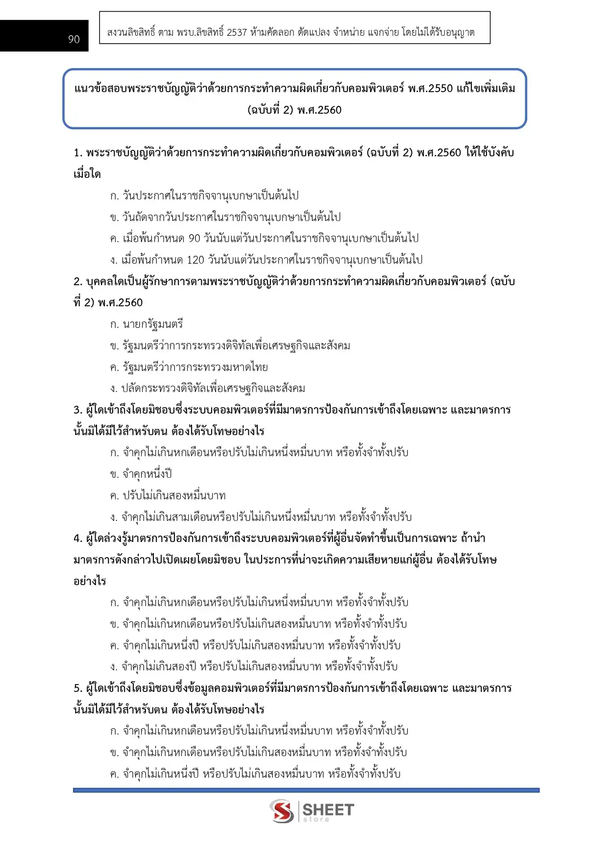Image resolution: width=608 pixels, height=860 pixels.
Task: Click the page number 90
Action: tap(73, 39)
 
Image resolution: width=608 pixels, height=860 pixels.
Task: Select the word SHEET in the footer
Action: tap(328, 810)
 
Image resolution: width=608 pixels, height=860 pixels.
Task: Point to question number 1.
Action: tap(78, 153)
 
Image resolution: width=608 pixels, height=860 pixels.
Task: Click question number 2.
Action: tap(78, 282)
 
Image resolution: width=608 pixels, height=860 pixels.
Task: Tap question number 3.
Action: tap(78, 410)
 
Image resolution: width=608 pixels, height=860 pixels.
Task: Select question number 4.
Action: tap(78, 539)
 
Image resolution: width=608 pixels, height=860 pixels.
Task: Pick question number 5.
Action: tap(78, 688)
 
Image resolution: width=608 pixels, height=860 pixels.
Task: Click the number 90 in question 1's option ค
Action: tap(195, 239)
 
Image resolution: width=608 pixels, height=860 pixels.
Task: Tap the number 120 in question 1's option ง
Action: tap(195, 260)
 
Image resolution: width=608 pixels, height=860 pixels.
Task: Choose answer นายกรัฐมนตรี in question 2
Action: tap(153, 324)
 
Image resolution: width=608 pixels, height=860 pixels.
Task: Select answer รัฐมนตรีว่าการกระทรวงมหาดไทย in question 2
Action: tap(195, 367)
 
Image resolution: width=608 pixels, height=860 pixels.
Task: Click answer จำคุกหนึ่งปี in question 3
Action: tap(147, 474)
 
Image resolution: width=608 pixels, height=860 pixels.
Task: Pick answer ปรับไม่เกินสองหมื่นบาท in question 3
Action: tap(174, 496)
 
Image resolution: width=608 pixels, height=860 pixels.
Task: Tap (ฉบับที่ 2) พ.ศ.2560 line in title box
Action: tap(294, 110)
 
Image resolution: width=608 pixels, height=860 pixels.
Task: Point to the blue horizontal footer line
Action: tap(306, 790)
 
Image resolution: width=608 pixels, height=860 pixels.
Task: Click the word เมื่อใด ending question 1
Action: tap(87, 174)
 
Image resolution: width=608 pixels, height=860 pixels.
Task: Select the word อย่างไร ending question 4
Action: tap(90, 582)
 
